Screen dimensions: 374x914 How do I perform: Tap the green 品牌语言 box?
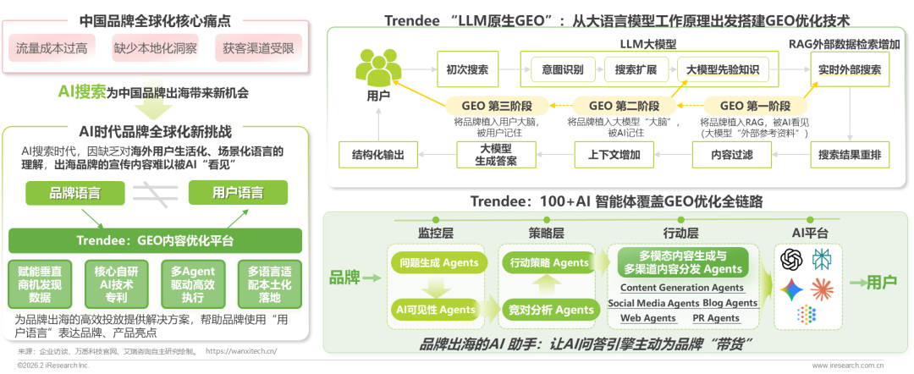click(x=76, y=193)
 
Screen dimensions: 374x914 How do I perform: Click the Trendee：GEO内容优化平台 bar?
click(x=154, y=240)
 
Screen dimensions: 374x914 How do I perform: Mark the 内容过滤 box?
click(x=731, y=155)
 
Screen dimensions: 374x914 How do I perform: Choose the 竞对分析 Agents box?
click(x=548, y=310)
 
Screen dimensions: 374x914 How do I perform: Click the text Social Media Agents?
click(x=653, y=303)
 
